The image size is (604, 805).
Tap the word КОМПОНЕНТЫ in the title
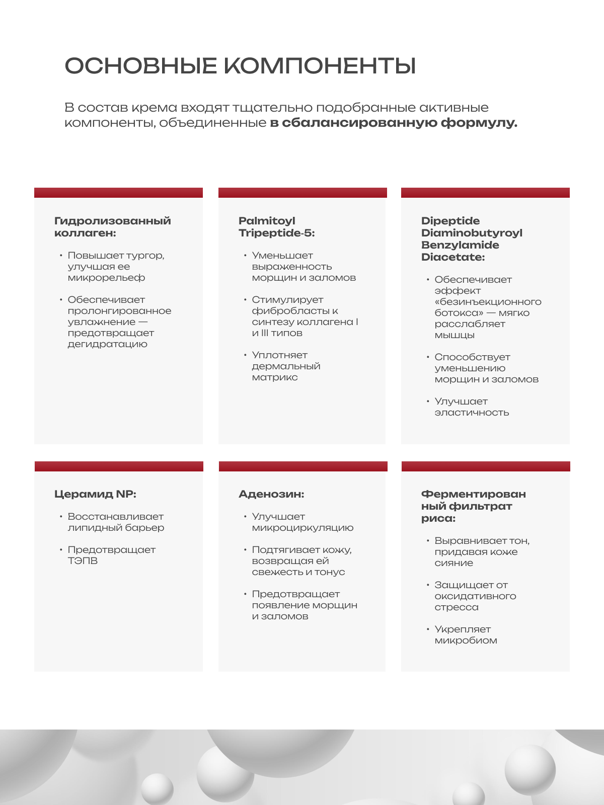(x=320, y=66)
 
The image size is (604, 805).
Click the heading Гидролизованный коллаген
(x=112, y=227)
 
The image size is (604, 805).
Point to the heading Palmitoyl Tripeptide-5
(x=276, y=227)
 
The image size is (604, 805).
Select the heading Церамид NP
(x=95, y=494)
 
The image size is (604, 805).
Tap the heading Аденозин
(x=271, y=494)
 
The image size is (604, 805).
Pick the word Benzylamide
(x=460, y=245)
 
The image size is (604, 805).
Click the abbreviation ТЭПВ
(x=83, y=561)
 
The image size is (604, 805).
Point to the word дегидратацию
(x=108, y=344)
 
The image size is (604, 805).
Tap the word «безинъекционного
(x=488, y=302)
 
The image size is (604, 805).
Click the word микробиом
(x=466, y=640)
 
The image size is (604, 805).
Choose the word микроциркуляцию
(x=303, y=528)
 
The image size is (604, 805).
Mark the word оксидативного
(x=475, y=596)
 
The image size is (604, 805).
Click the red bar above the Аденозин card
(x=303, y=466)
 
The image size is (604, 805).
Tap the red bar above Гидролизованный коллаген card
(x=118, y=193)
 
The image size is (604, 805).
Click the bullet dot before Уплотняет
(x=245, y=355)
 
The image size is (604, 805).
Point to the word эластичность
(x=472, y=413)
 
